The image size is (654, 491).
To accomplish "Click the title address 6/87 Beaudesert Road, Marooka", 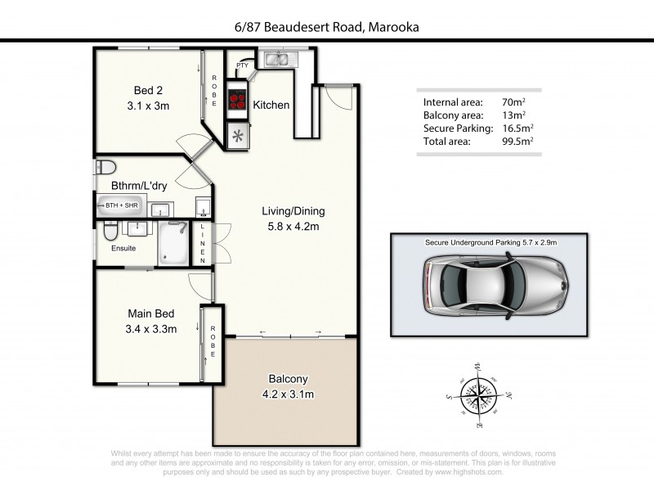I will (x=327, y=27).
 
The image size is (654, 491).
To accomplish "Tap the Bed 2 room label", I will (x=150, y=90).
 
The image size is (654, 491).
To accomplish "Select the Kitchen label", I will (x=271, y=106).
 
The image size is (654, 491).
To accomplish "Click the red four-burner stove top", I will (x=238, y=100).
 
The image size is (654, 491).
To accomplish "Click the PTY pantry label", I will (x=243, y=65).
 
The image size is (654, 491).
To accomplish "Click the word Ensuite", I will (x=123, y=248).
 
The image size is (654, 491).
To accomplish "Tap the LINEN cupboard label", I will (x=203, y=242).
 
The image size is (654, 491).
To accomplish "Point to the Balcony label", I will (x=288, y=379).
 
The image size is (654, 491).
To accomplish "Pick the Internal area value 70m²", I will (x=513, y=102).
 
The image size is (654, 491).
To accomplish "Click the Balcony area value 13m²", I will (x=513, y=115).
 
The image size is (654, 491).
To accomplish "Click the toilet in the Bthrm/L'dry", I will (x=104, y=167).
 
